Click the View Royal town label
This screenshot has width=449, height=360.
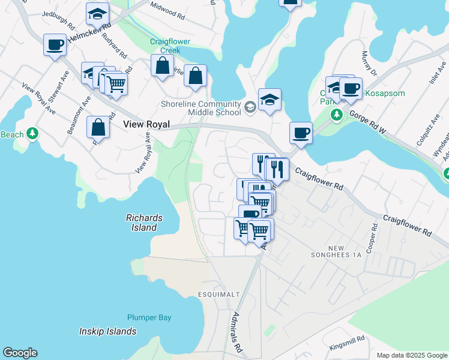coord(146,125)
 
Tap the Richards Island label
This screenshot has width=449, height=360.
coord(142,223)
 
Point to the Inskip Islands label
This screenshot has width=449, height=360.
coord(108,331)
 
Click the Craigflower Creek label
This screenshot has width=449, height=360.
coord(165,46)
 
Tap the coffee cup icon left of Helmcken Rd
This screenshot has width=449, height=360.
coord(55,44)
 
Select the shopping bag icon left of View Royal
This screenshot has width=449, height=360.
coord(98,128)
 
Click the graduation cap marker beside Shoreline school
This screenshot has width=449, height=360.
coord(270,100)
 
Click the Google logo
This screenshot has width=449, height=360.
coord(20,353)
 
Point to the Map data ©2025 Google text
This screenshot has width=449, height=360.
coord(411,355)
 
